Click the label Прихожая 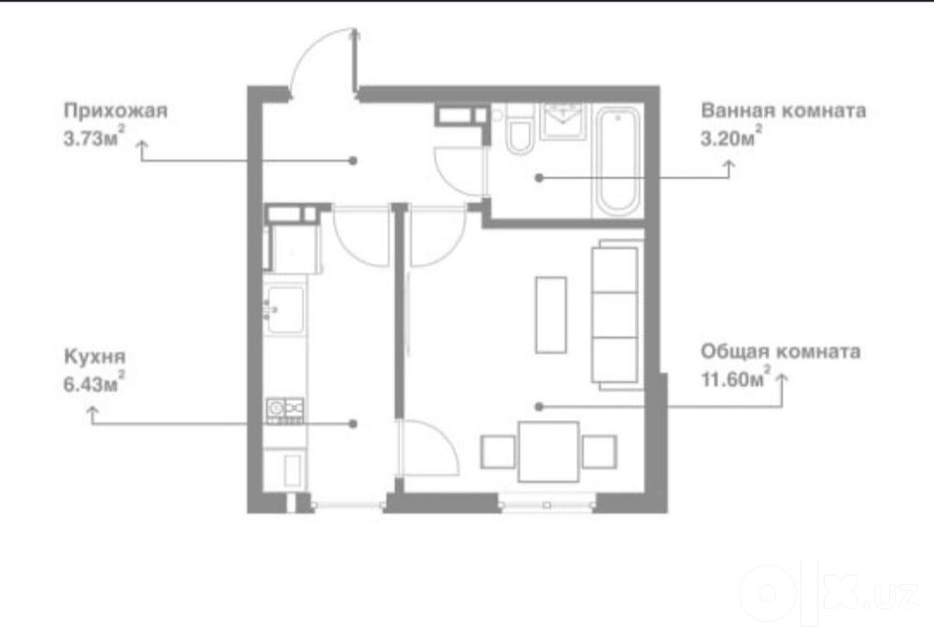click(116, 111)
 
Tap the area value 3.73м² click(94, 137)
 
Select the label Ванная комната click(784, 111)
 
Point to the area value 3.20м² click(731, 137)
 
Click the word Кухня click(94, 357)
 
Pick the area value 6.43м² click(94, 382)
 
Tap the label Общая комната click(780, 352)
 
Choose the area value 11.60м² click(736, 378)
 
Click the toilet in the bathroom click(519, 130)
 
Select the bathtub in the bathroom click(617, 162)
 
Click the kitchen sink click(285, 309)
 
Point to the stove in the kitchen click(285, 411)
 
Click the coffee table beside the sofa click(551, 315)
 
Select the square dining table click(548, 452)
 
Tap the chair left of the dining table click(498, 452)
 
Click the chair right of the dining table click(600, 452)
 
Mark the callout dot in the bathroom click(539, 177)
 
